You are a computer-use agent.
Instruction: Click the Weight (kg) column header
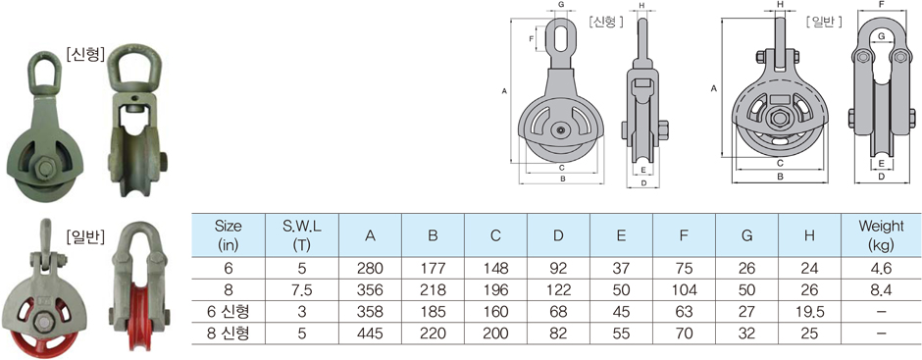point(881,234)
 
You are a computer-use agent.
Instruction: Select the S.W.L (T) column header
point(302,234)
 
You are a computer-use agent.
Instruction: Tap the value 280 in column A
point(370,269)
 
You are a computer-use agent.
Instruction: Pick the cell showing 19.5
point(809,312)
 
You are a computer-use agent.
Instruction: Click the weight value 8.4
point(881,290)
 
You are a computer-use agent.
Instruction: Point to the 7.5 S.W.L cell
point(302,290)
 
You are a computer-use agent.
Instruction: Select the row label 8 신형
point(229,334)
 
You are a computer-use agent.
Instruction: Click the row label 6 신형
point(229,312)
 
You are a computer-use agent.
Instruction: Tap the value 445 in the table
point(370,334)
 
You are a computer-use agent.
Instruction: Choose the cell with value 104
point(684,290)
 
